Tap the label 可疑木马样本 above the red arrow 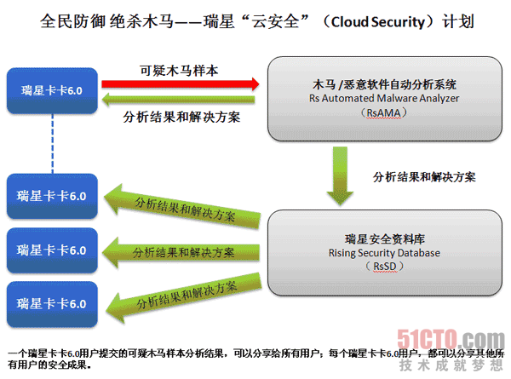(178, 69)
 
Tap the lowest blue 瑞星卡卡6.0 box (52, 302)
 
